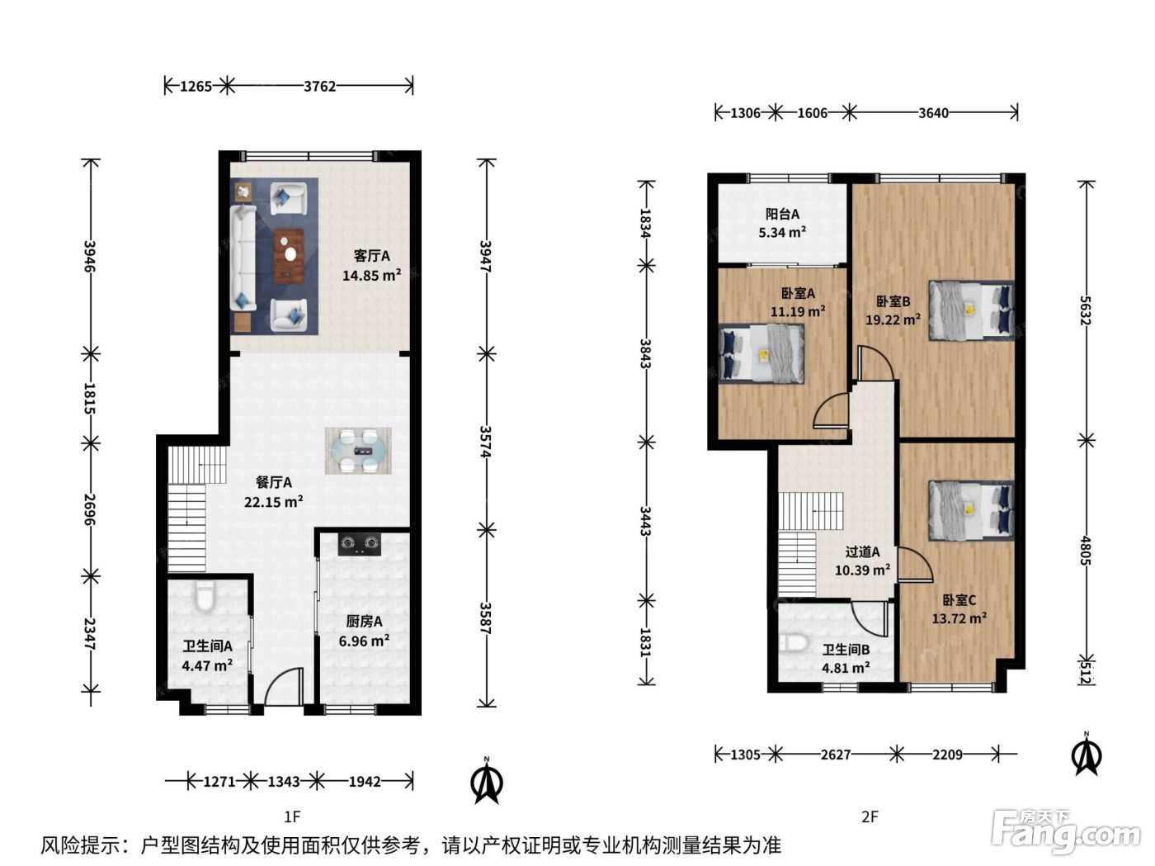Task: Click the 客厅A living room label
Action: coord(371,256)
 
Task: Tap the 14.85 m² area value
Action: coord(371,275)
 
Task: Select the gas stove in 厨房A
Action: coord(360,544)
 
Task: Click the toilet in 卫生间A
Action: coord(205,596)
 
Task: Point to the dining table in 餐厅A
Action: coord(358,451)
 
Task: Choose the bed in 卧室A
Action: coord(761,353)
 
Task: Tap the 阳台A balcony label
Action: coord(782,215)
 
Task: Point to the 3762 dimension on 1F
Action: coord(319,86)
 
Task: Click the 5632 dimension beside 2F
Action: coord(1086,310)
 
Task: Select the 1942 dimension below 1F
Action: coord(365,781)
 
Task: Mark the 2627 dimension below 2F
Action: coord(836,755)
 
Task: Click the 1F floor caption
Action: coord(292,816)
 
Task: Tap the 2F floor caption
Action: coord(870,816)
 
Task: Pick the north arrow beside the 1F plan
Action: coord(487,780)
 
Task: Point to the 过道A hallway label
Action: coord(862,551)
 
